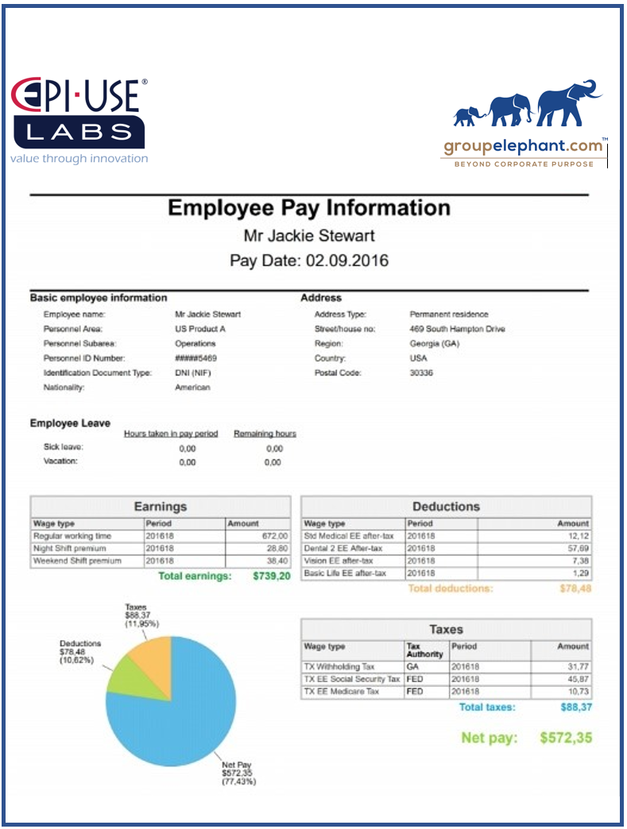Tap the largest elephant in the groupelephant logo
(x=569, y=103)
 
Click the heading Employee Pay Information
(x=309, y=208)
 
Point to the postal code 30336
(x=421, y=372)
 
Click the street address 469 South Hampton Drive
(x=457, y=329)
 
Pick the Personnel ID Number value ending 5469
(x=195, y=358)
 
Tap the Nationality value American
(x=192, y=388)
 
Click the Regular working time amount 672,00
(x=274, y=536)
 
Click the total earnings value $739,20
(x=272, y=576)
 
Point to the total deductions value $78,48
(x=575, y=588)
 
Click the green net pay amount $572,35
(x=565, y=738)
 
